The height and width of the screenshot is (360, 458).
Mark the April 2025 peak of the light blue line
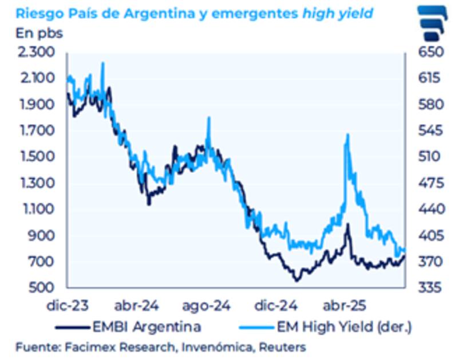click(x=347, y=134)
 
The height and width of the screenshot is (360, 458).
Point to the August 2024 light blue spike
click(x=208, y=118)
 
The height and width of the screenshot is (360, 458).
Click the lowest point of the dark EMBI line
click(x=297, y=280)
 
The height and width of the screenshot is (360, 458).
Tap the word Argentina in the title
click(x=157, y=13)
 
